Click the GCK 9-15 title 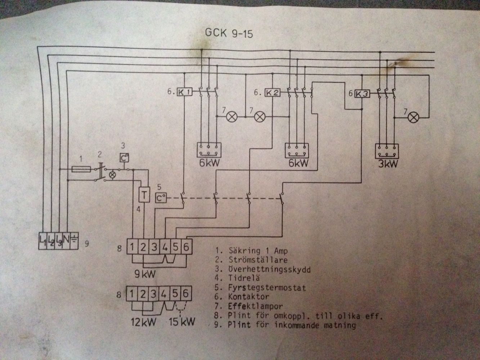point(229,33)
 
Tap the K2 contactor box point(273,93)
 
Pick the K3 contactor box point(362,94)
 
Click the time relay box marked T point(144,194)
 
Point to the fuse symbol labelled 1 point(81,169)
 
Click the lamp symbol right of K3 point(413,117)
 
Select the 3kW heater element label point(388,164)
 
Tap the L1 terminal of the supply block point(42,240)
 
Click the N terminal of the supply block point(66,240)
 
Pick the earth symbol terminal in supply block point(74,240)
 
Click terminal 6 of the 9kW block point(186,247)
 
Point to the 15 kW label point(182,322)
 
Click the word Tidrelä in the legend point(244,278)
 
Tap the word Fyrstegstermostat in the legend point(267,287)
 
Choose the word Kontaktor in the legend point(248,297)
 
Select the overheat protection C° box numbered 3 point(124,158)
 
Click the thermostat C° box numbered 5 point(161,198)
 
